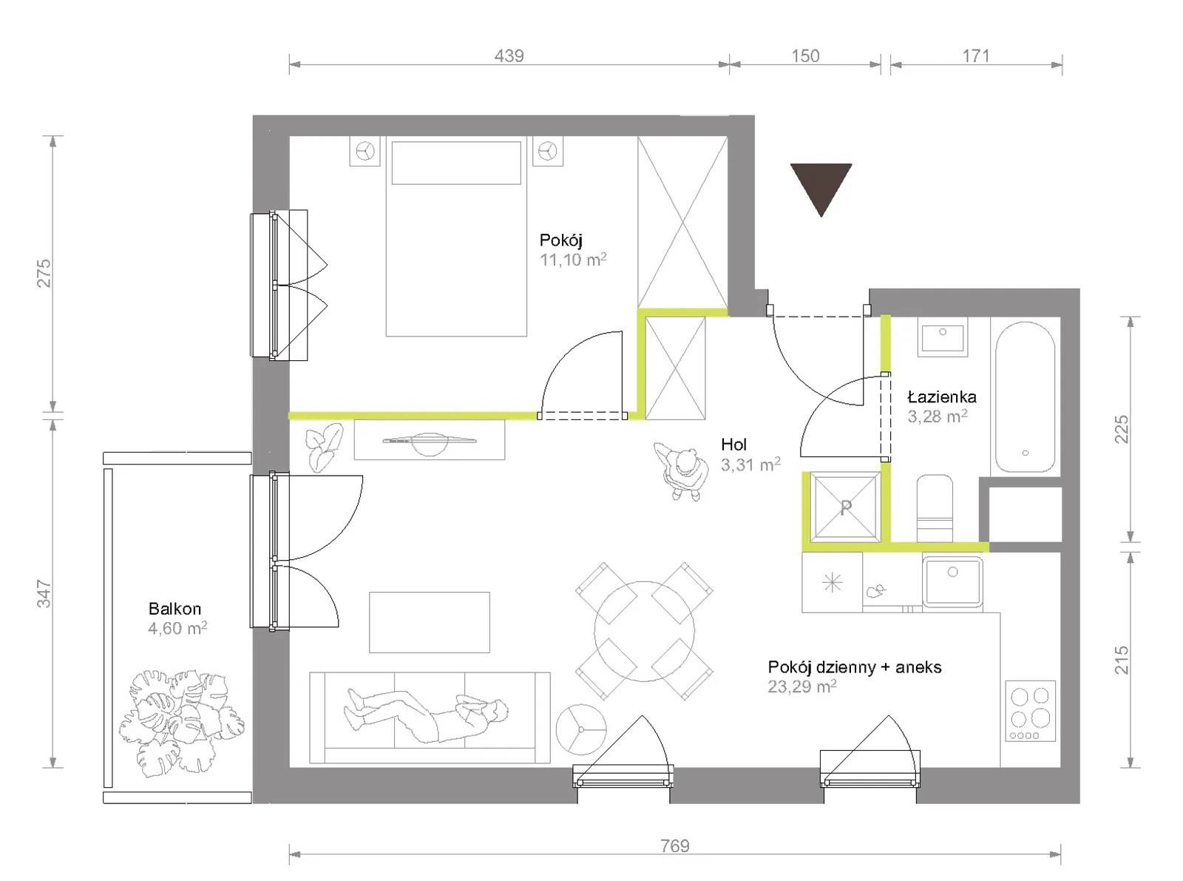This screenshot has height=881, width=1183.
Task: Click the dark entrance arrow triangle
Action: pyautogui.click(x=820, y=184)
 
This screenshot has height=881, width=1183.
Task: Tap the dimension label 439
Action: pyautogui.click(x=509, y=55)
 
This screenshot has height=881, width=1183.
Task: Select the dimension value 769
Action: pyautogui.click(x=675, y=845)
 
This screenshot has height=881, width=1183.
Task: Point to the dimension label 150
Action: pyautogui.click(x=805, y=55)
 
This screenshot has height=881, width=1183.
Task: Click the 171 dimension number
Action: pyautogui.click(x=976, y=55)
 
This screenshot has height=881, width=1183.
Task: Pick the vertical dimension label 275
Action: pyautogui.click(x=44, y=273)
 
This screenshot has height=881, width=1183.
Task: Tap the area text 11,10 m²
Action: pyautogui.click(x=573, y=260)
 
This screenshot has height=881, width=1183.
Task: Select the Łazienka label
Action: pyautogui.click(x=942, y=396)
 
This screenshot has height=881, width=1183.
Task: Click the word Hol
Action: pyautogui.click(x=733, y=444)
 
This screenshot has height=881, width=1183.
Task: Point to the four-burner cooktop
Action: pyautogui.click(x=1031, y=711)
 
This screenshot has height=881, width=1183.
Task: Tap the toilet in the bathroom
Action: pyautogui.click(x=935, y=508)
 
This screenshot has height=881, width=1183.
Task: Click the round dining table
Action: pyautogui.click(x=644, y=631)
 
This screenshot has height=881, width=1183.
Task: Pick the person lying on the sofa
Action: pyautogui.click(x=425, y=715)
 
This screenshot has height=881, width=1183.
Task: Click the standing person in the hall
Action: pyautogui.click(x=681, y=470)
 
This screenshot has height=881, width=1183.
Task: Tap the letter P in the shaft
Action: pyautogui.click(x=845, y=507)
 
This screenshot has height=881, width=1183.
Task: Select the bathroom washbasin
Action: pyautogui.click(x=943, y=337)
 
